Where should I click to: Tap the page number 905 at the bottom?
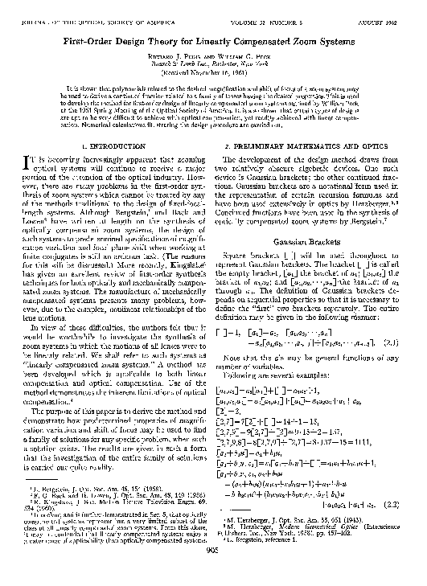click(213, 574)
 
